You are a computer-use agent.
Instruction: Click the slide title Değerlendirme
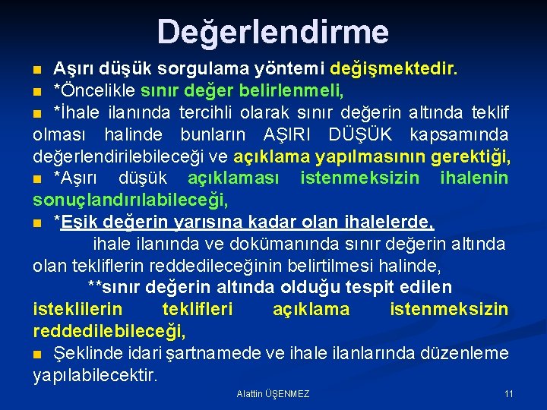click(273, 32)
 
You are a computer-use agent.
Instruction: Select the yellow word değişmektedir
click(393, 70)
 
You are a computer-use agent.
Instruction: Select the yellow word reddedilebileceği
click(109, 331)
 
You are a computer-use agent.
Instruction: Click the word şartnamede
click(218, 354)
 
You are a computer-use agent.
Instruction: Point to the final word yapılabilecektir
click(95, 375)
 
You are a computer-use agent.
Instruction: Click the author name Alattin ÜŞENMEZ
click(273, 394)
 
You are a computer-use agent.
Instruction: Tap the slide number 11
click(508, 394)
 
